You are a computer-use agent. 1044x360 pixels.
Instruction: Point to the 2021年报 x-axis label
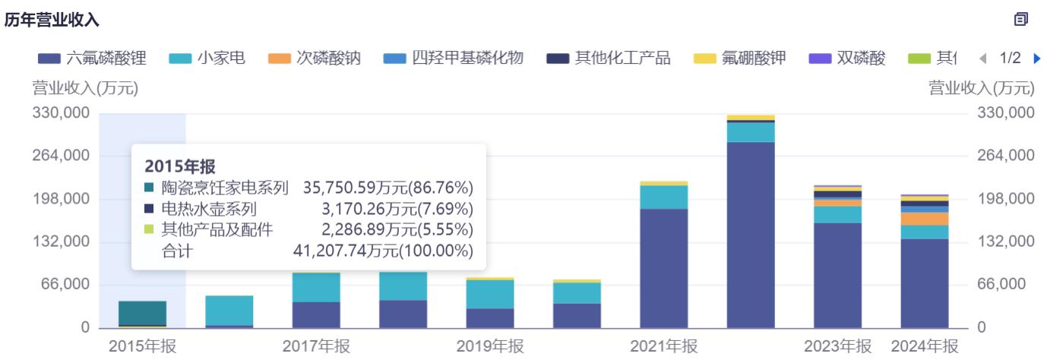663,346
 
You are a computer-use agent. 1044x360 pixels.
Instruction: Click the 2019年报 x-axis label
490,346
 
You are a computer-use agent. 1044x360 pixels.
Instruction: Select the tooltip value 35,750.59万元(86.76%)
388,188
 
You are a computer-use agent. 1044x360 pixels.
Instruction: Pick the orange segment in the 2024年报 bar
924,219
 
